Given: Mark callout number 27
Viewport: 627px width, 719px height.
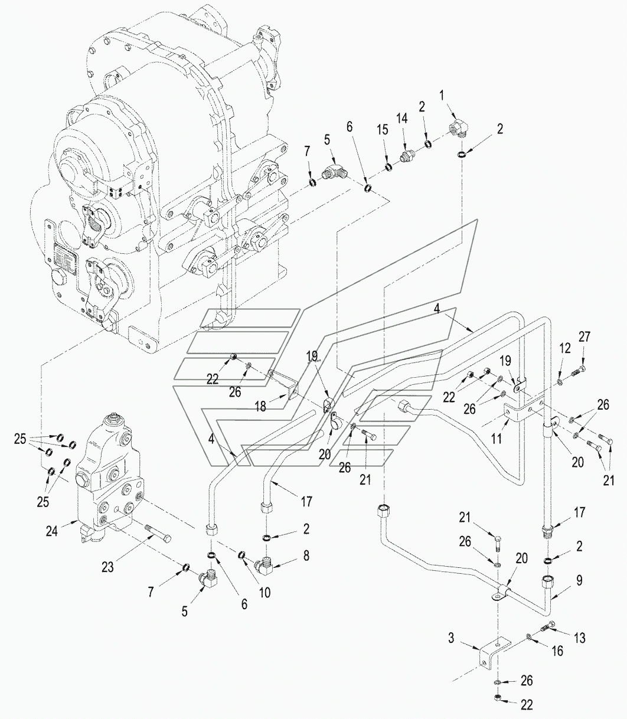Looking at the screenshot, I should point(584,338).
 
